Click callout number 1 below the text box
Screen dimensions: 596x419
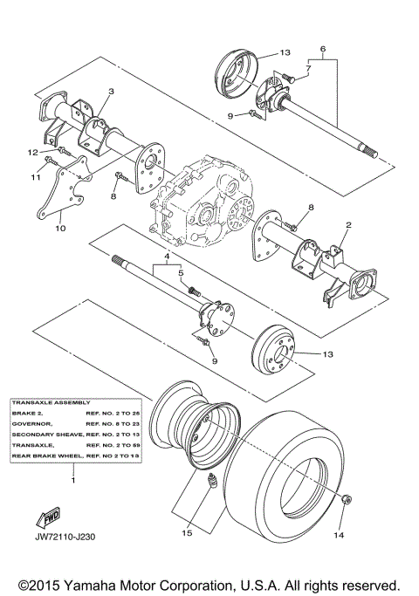tap(72, 480)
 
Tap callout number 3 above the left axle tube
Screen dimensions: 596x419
tap(112, 91)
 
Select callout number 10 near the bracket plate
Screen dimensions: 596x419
tap(60, 229)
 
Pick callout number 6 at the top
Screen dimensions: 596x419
tap(323, 49)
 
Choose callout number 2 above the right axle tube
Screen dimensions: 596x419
tap(307, 67)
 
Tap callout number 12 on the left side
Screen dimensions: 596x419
tap(31, 153)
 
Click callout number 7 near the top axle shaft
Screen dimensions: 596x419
tap(307, 67)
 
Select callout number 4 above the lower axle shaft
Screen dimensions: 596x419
tap(160, 257)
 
